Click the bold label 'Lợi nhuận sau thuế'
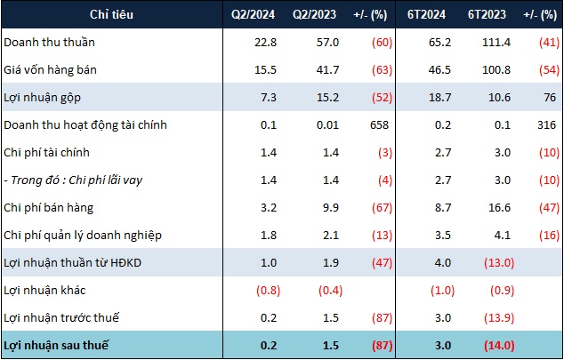59,344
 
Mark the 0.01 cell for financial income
305,124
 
